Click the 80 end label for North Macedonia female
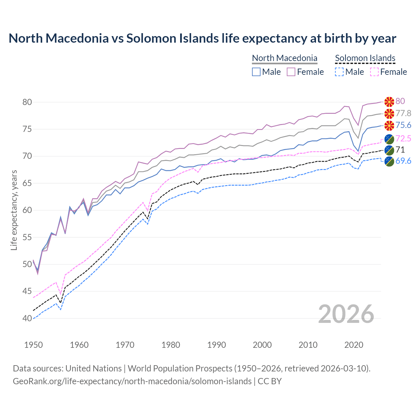tap(400, 101)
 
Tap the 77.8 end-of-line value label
tap(403, 113)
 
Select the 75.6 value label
tap(403, 125)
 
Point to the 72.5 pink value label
tap(403, 138)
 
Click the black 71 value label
tap(400, 150)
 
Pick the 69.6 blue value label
tap(403, 161)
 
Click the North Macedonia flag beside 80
tap(389, 102)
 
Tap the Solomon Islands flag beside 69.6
tap(389, 161)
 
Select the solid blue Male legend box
tap(256, 72)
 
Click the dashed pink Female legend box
tap(374, 72)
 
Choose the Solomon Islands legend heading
tap(365, 58)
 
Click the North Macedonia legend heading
tap(284, 58)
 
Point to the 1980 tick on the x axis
tap(171, 345)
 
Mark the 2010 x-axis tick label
tap(308, 345)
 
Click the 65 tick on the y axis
tap(27, 183)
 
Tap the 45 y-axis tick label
tap(27, 291)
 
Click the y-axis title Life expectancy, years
tap(14, 210)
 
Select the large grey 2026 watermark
tap(346, 314)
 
